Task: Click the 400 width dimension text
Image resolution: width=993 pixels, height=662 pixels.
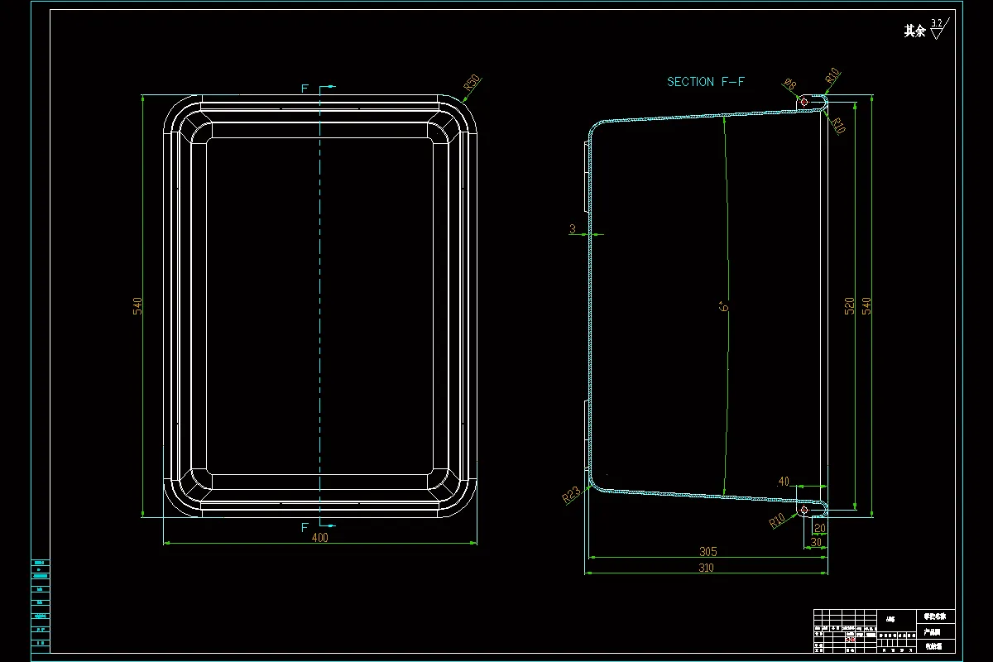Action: (x=320, y=538)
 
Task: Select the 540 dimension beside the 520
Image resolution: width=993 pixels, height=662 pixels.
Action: (x=866, y=305)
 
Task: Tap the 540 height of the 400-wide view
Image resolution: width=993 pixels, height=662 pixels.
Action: (x=138, y=305)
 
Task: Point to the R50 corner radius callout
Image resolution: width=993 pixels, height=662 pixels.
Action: (x=472, y=82)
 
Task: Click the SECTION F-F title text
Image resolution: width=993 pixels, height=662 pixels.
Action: (x=706, y=82)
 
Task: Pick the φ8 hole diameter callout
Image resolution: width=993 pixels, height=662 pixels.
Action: (x=789, y=84)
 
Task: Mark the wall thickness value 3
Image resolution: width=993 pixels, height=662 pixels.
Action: (x=572, y=229)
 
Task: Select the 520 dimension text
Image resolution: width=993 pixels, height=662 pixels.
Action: (x=849, y=305)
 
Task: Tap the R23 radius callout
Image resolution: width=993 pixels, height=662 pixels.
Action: (x=571, y=495)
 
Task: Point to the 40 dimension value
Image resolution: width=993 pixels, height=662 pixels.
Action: (x=784, y=482)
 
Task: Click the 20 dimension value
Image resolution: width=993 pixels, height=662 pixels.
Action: (x=820, y=528)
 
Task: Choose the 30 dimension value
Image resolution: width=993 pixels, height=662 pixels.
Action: (x=816, y=542)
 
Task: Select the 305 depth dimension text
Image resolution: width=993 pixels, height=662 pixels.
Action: (x=708, y=551)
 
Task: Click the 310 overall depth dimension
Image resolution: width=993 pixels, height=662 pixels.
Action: (x=706, y=568)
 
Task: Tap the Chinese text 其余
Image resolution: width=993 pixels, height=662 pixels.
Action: (x=914, y=31)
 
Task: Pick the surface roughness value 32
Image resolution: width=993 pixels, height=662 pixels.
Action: (x=937, y=23)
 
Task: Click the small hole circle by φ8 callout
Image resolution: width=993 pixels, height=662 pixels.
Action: (x=805, y=101)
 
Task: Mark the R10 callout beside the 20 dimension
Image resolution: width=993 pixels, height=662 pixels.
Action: (x=777, y=520)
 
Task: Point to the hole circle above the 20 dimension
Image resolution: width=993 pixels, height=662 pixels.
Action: (x=804, y=511)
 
